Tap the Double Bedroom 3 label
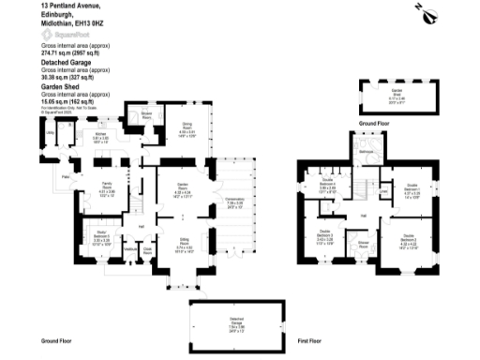324,234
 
